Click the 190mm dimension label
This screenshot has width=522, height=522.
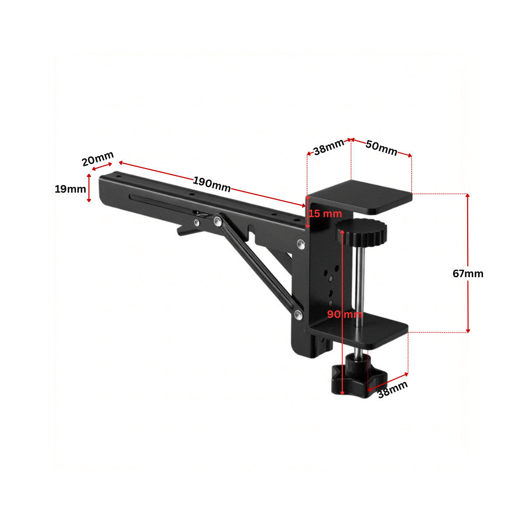212,184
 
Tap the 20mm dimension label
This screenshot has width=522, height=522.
98,159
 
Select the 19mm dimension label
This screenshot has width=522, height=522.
70,189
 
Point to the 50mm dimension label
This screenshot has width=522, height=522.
382,148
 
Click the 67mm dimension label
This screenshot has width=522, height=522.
468,274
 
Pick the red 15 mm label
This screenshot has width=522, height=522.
325,213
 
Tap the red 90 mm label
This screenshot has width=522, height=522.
345,314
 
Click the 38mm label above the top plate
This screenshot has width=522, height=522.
328,147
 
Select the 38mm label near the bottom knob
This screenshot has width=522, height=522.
393,389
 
